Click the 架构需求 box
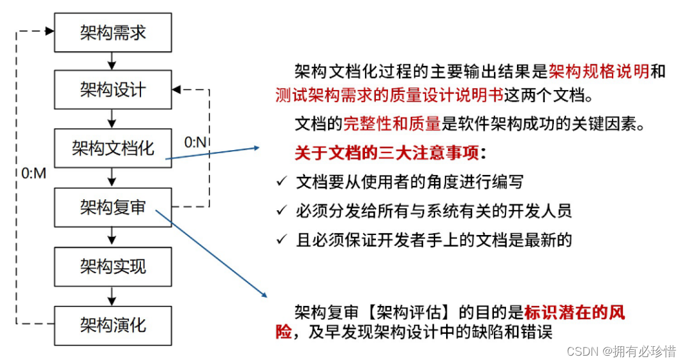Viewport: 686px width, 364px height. click(x=113, y=32)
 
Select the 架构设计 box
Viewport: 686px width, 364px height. click(x=113, y=90)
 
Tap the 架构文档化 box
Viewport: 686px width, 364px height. click(x=113, y=148)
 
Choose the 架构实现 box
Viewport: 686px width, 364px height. click(x=113, y=266)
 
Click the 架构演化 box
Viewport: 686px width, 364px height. click(x=113, y=325)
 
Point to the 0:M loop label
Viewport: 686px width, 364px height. click(x=34, y=173)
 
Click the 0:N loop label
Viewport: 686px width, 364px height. click(x=195, y=142)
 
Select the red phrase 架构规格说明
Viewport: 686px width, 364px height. click(x=599, y=71)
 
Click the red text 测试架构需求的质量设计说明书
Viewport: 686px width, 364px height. click(x=389, y=96)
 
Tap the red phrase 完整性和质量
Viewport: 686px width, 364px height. click(x=392, y=124)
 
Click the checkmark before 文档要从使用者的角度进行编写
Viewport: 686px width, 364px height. click(x=281, y=182)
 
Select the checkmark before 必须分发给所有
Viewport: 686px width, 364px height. click(x=281, y=211)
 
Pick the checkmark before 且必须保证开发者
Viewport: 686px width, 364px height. click(x=281, y=240)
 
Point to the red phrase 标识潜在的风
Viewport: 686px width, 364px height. click(x=574, y=313)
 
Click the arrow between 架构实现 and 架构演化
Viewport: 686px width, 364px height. click(x=113, y=296)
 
